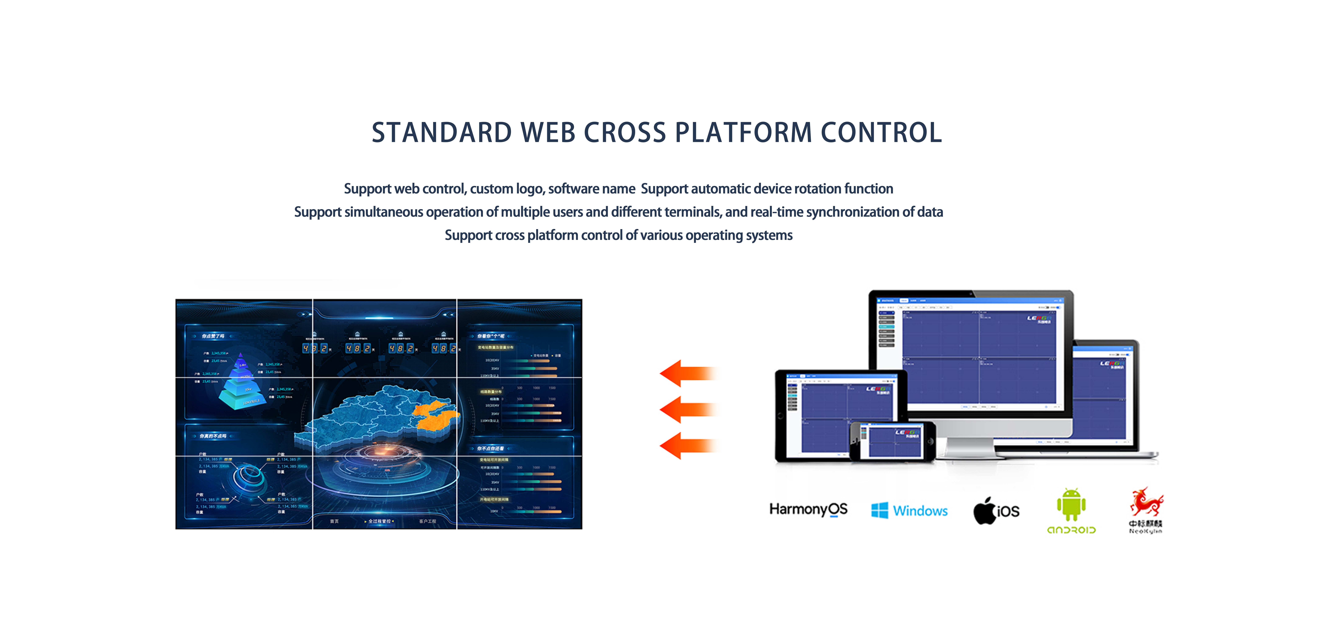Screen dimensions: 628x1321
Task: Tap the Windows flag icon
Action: click(879, 511)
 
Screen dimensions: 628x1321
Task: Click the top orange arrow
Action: click(687, 373)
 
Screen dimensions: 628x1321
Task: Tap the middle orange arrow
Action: click(687, 409)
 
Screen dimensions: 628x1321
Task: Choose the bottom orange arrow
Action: click(687, 445)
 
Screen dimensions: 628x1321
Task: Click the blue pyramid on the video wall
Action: click(241, 382)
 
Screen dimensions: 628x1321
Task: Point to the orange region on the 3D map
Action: click(436, 416)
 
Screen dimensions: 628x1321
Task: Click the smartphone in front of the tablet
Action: click(892, 441)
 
